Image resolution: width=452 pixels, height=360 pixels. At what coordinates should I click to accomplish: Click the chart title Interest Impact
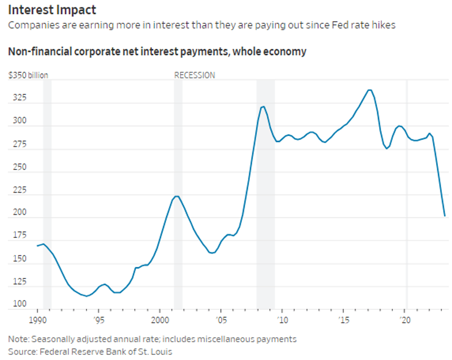pos(52,11)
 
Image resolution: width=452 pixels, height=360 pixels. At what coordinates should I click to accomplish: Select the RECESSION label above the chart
pos(194,75)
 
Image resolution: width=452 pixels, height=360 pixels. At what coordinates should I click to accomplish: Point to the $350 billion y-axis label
pos(28,75)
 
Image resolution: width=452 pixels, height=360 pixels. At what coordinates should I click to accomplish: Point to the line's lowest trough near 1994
pos(86,296)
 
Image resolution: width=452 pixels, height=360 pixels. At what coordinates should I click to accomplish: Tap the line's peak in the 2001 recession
pos(177,196)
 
